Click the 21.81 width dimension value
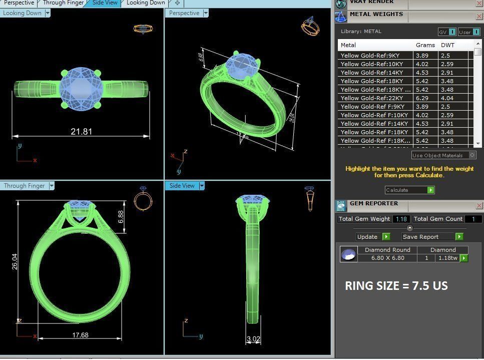tap(82, 132)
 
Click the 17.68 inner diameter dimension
tap(80, 335)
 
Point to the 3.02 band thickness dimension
tap(254, 339)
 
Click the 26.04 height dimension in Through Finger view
tap(15, 261)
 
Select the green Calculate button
tap(430, 190)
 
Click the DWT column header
tap(447, 45)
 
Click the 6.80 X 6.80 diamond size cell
tap(387, 258)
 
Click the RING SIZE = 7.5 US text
tap(396, 286)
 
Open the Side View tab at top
tap(105, 3)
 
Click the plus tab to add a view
tap(177, 3)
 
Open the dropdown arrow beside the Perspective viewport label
tap(206, 14)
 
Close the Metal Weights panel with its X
tap(478, 17)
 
